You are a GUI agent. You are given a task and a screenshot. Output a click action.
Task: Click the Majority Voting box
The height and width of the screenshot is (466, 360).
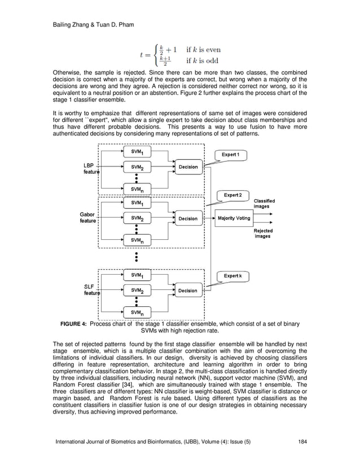click(x=234, y=218)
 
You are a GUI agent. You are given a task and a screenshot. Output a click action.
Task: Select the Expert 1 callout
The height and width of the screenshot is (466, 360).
click(x=230, y=155)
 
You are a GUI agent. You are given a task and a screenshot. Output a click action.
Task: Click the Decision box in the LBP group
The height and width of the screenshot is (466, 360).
click(x=188, y=167)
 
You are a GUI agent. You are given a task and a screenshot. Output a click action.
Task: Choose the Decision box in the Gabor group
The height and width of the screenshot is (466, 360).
click(x=188, y=218)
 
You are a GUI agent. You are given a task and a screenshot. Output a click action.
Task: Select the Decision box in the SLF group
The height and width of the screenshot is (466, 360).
click(x=188, y=291)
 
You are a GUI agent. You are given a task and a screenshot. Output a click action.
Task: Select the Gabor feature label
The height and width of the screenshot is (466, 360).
click(x=88, y=218)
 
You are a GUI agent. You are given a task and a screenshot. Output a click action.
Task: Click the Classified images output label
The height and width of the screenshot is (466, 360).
click(x=264, y=204)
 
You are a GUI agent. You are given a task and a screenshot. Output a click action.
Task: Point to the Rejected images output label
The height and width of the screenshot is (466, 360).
click(x=263, y=234)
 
